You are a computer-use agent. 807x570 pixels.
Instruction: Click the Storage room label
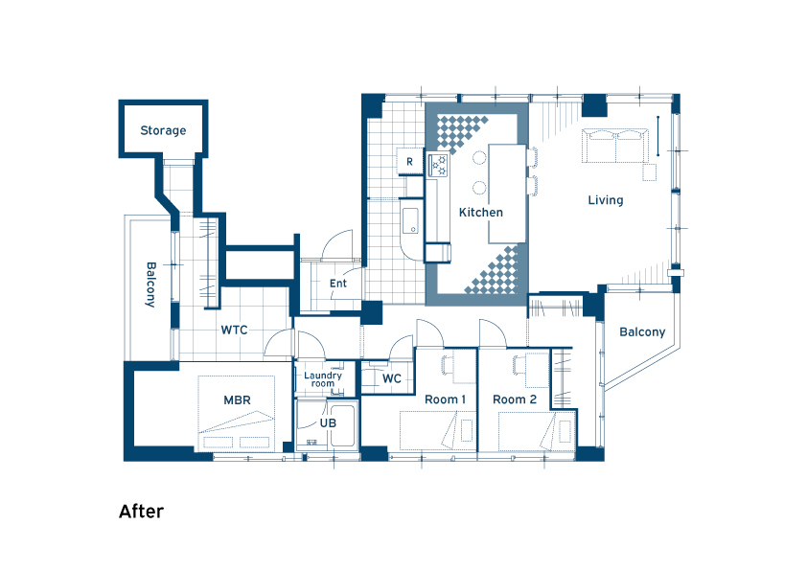click(163, 130)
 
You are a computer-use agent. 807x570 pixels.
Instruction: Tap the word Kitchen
click(481, 212)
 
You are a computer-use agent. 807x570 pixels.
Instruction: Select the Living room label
click(606, 200)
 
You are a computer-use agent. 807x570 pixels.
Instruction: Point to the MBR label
click(238, 399)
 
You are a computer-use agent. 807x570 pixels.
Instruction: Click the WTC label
click(234, 330)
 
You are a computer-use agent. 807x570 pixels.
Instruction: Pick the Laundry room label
click(323, 379)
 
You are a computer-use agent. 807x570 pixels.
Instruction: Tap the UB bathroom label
click(328, 422)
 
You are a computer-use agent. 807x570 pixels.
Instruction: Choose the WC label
click(392, 378)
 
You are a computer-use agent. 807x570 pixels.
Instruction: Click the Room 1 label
click(445, 399)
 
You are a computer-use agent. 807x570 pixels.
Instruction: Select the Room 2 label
click(515, 399)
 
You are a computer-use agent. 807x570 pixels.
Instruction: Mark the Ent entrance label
click(338, 284)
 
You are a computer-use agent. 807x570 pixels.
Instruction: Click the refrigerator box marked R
click(409, 162)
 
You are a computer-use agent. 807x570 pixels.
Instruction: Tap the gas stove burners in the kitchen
click(439, 165)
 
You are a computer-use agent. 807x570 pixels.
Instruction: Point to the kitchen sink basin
click(410, 220)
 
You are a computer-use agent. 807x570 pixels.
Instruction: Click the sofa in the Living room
click(615, 147)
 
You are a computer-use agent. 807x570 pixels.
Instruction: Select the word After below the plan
click(142, 512)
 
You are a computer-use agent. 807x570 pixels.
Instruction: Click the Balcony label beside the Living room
click(642, 331)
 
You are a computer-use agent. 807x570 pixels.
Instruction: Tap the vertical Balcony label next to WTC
click(150, 285)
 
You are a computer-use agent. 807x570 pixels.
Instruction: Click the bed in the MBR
click(236, 413)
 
